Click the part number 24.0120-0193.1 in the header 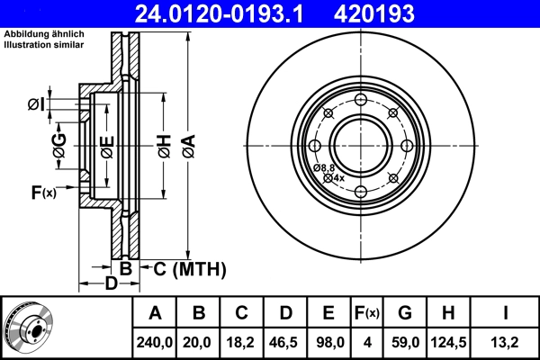click(219, 13)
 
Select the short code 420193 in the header click(374, 13)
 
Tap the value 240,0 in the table click(154, 342)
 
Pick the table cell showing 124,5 click(448, 342)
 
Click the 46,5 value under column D click(284, 342)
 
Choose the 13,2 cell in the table click(505, 342)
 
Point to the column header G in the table click(405, 313)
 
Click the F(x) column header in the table click(367, 313)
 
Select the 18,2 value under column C click(240, 342)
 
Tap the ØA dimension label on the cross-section click(189, 146)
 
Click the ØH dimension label click(165, 146)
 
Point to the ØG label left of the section click(59, 146)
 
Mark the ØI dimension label click(36, 104)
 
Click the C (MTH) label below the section click(190, 269)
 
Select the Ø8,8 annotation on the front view click(324, 167)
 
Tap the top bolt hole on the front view click(361, 100)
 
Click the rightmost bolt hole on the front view click(407, 146)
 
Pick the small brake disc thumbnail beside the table click(28, 328)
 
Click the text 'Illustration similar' click(44, 45)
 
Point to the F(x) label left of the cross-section click(44, 193)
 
